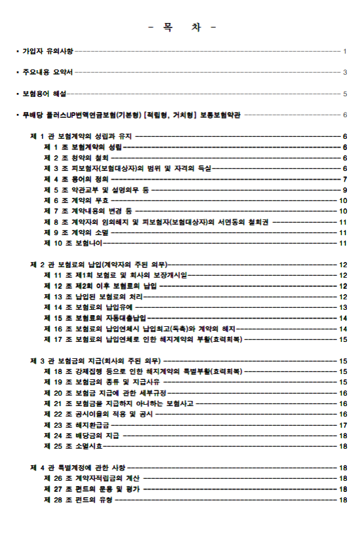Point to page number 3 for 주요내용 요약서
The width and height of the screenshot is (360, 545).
[344, 72]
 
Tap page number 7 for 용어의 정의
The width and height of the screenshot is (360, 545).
[344, 179]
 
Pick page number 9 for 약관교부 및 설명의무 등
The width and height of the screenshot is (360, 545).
[344, 190]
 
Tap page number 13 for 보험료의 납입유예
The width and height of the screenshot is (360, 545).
[343, 307]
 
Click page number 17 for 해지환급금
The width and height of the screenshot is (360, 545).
[343, 425]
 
